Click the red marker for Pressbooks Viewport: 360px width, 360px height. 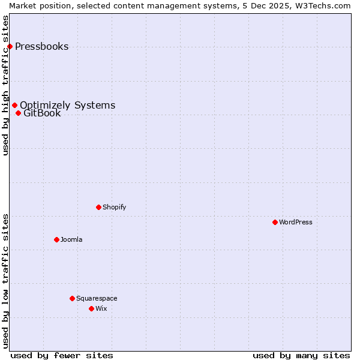click(10, 47)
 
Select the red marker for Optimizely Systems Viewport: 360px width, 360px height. click(14, 106)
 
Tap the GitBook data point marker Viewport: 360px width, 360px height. click(18, 113)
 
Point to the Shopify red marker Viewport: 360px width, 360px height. click(98, 208)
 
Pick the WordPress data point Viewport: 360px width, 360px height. click(275, 223)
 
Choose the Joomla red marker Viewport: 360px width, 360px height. click(56, 240)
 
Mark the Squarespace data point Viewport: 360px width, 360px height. click(72, 299)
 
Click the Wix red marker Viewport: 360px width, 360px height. click(91, 309)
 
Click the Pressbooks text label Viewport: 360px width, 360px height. click(41, 47)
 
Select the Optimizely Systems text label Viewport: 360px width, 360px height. click(67, 106)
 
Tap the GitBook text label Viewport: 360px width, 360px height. click(42, 113)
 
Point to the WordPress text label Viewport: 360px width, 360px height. click(295, 223)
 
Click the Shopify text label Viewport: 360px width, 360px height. click(114, 208)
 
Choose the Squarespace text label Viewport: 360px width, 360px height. click(97, 299)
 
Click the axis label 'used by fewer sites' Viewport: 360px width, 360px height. click(62, 355)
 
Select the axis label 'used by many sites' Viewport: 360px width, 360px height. click(301, 355)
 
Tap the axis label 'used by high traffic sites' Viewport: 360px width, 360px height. click(5, 85)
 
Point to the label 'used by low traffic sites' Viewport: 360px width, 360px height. click(5, 281)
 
